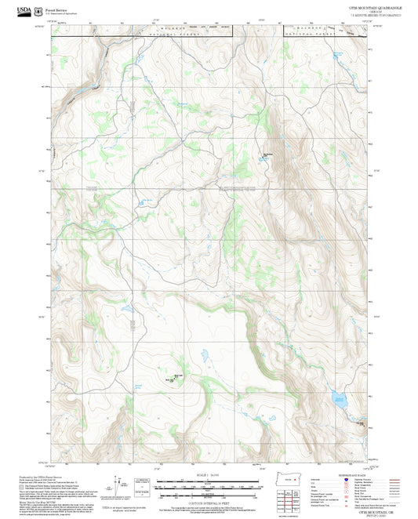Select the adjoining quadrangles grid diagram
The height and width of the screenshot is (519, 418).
coord(289,499)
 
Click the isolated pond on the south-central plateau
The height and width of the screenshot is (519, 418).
coord(203,355)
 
